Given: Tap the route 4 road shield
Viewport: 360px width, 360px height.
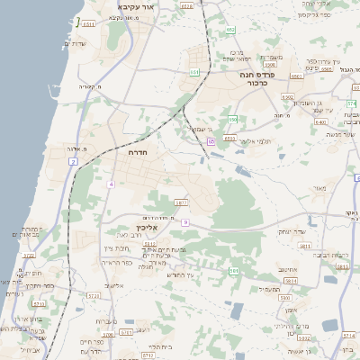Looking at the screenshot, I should point(112,184).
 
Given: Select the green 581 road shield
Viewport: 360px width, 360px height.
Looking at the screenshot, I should point(234,270).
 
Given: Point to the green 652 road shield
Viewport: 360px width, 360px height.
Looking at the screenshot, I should point(230,30).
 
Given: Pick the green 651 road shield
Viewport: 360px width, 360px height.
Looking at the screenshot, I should point(194,71).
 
